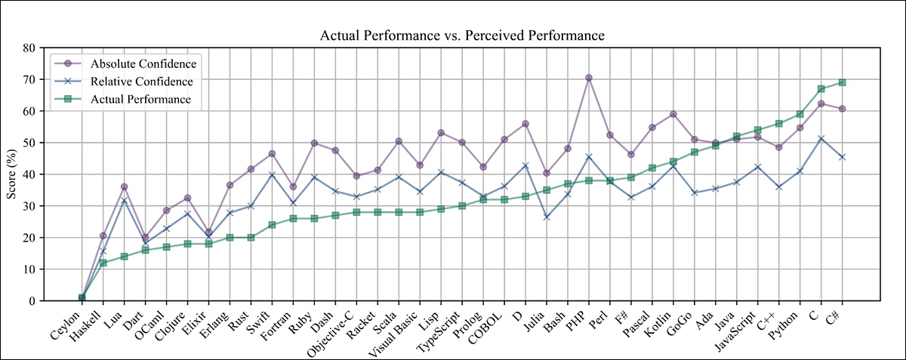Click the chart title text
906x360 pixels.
[x=462, y=35]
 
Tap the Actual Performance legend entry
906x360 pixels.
[x=140, y=99]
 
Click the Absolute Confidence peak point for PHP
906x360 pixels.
[x=589, y=78]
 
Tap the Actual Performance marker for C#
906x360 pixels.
[x=842, y=82]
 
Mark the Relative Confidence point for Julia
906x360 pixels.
[x=547, y=217]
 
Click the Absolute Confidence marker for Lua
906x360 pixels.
[x=124, y=186]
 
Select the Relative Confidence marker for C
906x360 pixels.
[x=821, y=138]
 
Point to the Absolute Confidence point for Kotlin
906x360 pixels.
[x=673, y=114]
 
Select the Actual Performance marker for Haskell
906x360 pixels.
[x=103, y=263]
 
